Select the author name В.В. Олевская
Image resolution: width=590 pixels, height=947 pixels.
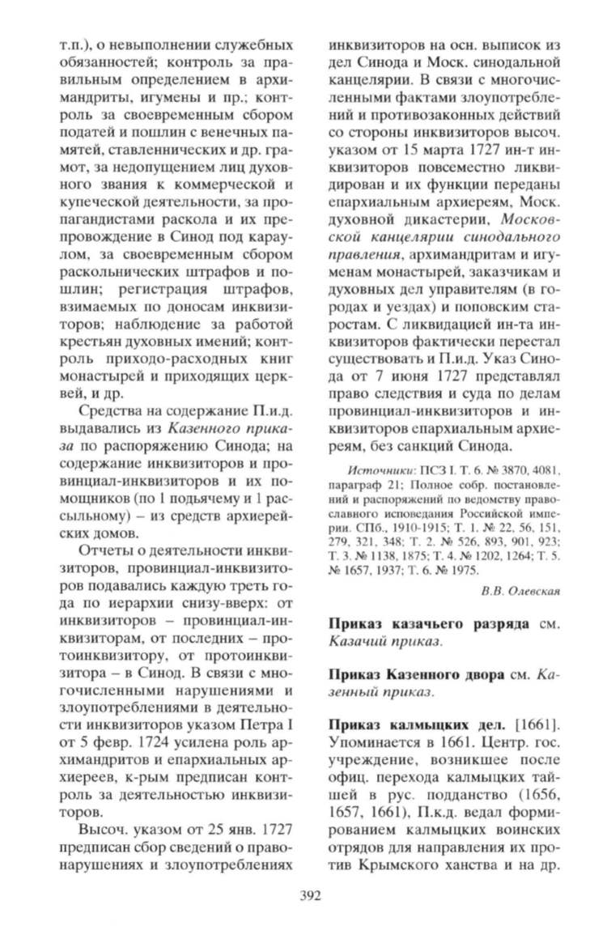click(x=520, y=589)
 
